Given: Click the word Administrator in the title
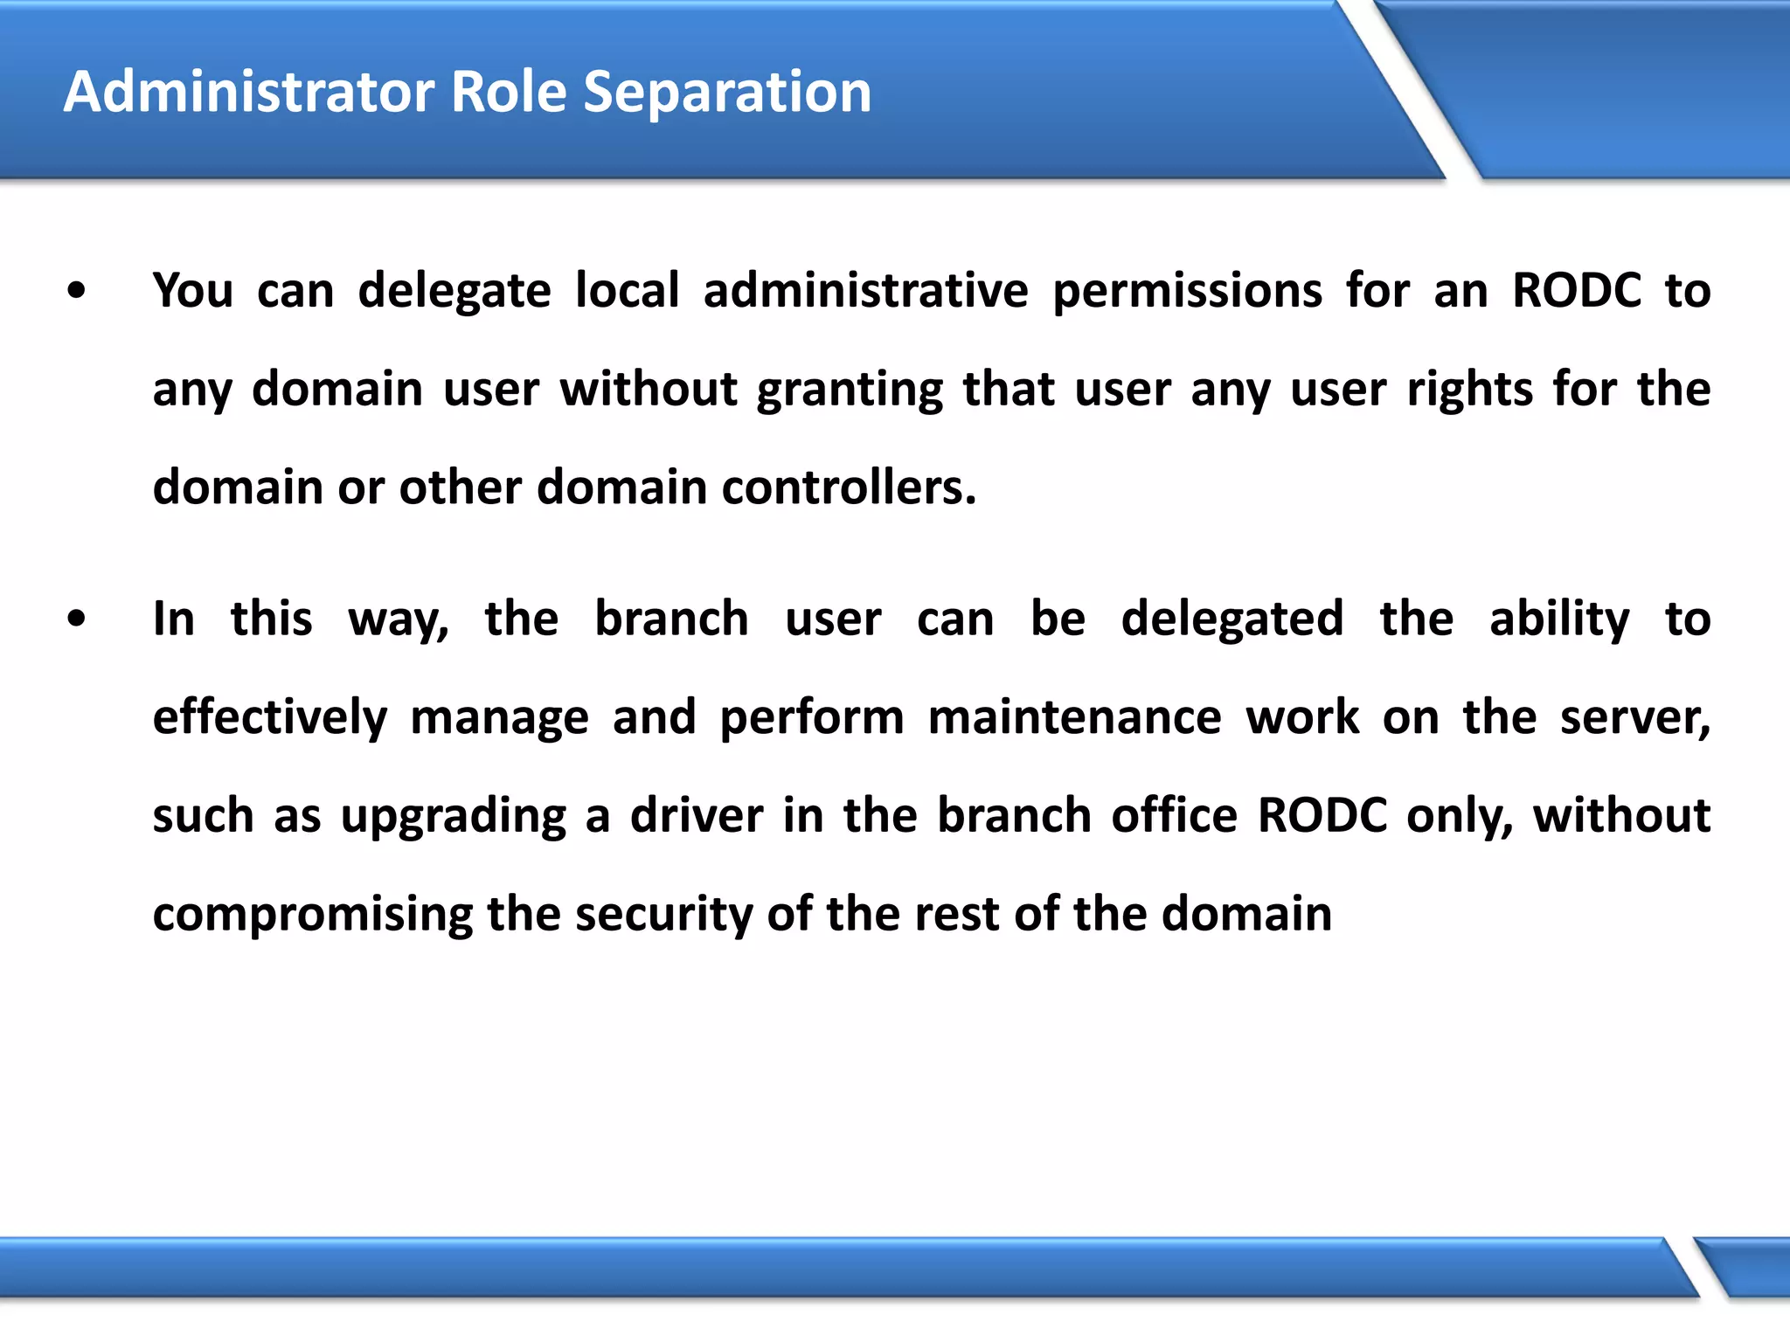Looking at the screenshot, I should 249,92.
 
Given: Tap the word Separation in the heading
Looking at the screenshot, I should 727,93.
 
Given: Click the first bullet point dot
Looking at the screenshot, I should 77,291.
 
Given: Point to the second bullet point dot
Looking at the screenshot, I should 77,619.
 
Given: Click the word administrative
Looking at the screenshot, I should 865,291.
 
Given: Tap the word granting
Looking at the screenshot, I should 850,391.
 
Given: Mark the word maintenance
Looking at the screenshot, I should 1074,718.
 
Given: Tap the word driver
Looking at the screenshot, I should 697,816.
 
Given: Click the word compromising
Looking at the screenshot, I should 312,916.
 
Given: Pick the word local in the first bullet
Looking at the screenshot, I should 627,291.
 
